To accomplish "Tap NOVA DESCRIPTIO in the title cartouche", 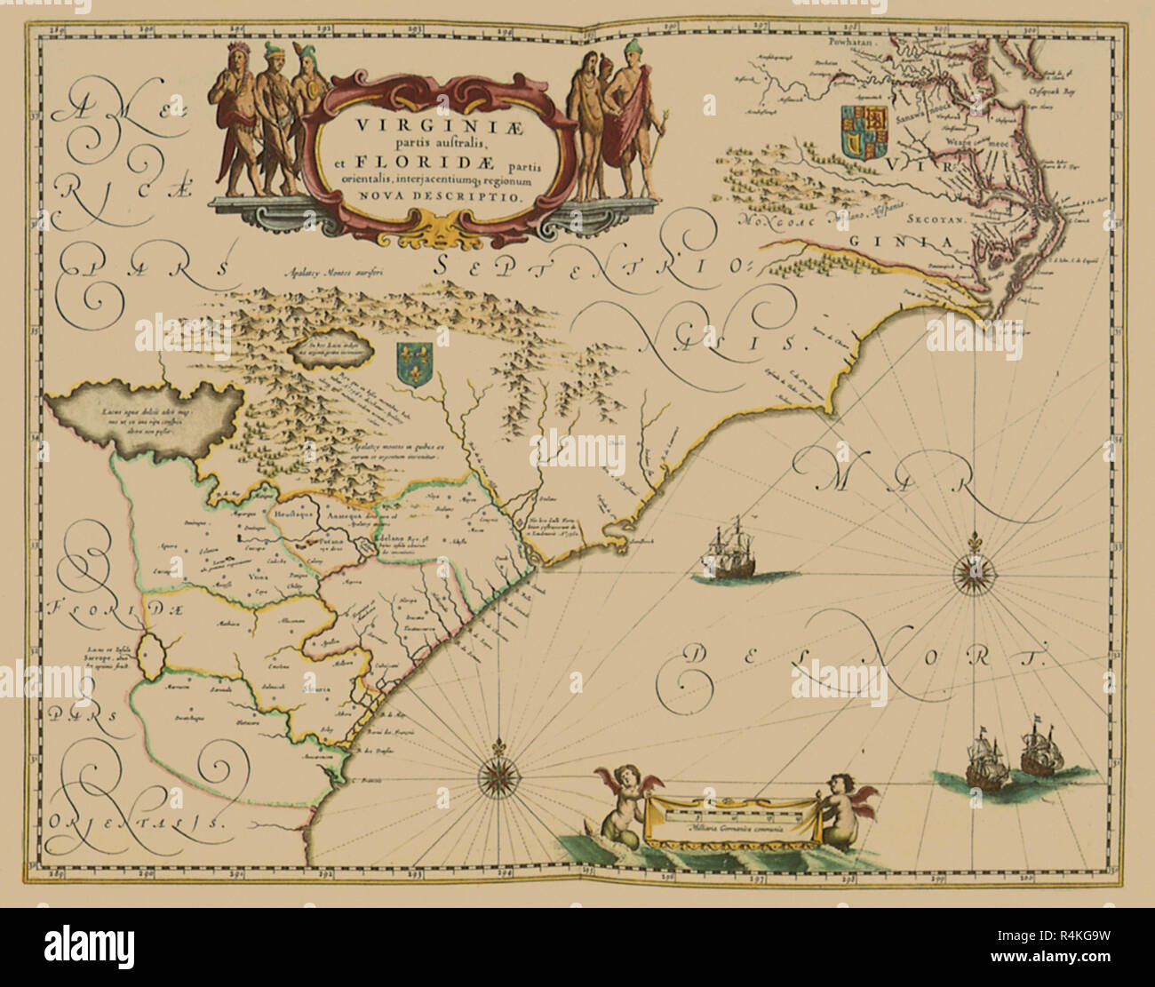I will coord(442,201).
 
